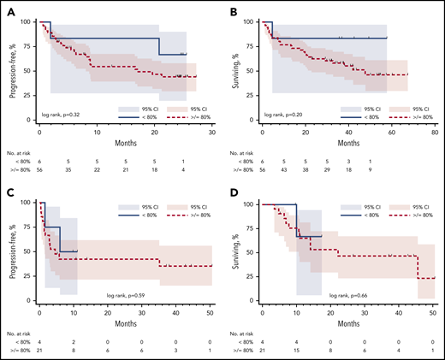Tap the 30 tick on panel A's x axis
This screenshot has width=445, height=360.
[211, 134]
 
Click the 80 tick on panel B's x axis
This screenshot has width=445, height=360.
[435, 134]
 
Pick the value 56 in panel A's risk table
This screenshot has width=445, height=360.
[39, 171]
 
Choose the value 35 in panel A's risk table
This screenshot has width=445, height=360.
[68, 171]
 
